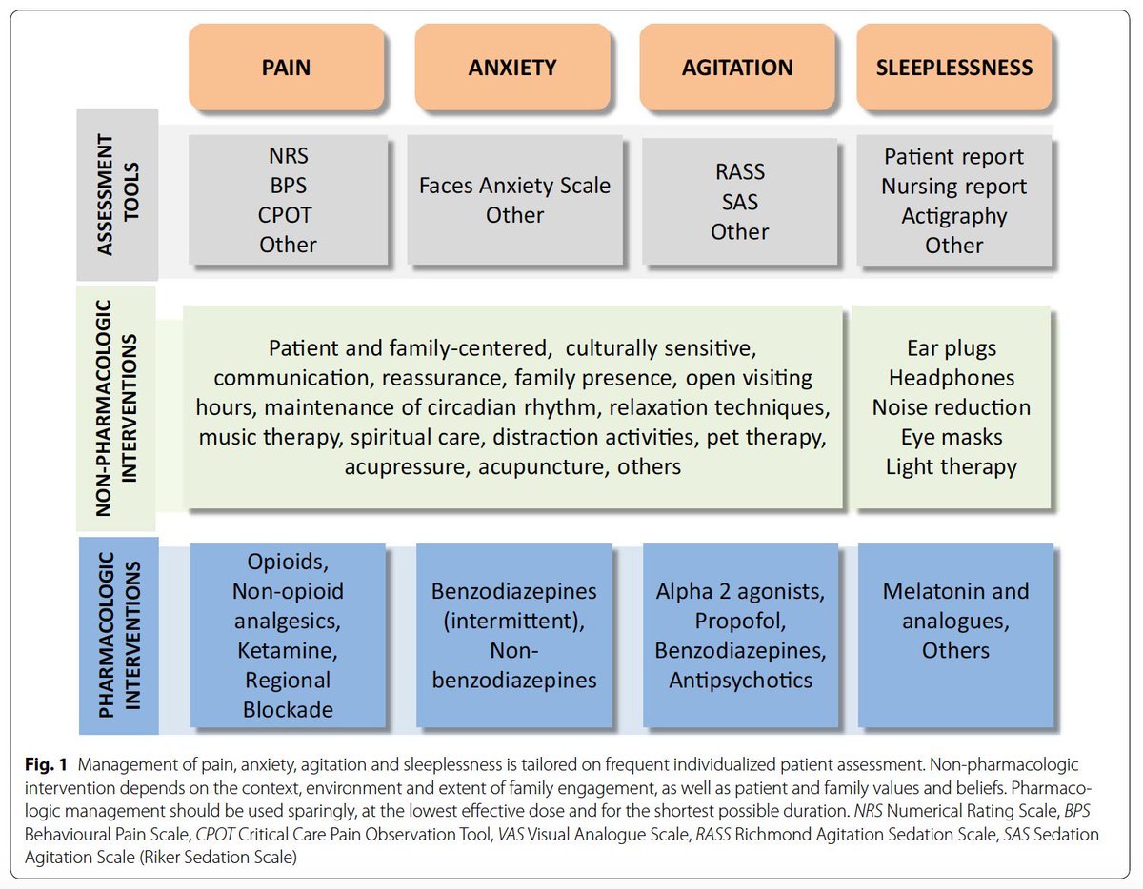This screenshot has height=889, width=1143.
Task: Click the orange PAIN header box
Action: click(287, 67)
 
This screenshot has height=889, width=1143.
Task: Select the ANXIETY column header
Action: click(512, 67)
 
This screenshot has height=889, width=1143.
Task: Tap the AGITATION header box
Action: click(737, 67)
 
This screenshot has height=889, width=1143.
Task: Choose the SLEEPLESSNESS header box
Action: click(954, 67)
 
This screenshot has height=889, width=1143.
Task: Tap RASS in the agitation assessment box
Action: click(739, 172)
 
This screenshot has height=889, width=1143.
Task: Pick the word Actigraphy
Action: click(953, 215)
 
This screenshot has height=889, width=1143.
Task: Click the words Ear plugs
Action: click(952, 348)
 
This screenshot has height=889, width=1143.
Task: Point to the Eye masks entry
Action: click(952, 438)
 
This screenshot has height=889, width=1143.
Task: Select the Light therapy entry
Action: click(952, 467)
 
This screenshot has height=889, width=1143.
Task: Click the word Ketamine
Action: click(287, 652)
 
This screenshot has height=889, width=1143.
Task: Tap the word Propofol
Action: click(739, 622)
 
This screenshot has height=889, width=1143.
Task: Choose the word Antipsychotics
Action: click(740, 680)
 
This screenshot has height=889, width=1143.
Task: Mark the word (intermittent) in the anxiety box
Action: click(514, 621)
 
